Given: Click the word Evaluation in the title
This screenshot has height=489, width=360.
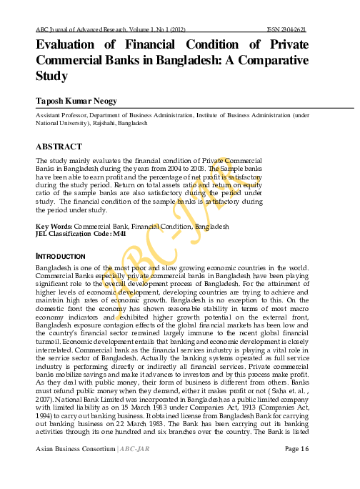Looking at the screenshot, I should (71, 44).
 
